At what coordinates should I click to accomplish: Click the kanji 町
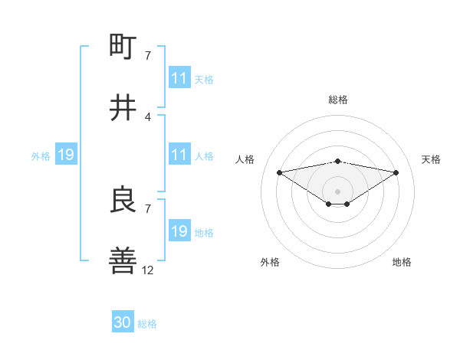coord(123,47)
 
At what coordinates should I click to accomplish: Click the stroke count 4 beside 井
coord(148,116)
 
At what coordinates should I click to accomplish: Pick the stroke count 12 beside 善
coord(148,270)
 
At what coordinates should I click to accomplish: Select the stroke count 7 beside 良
coord(148,208)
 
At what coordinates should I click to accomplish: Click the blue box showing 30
coord(123,322)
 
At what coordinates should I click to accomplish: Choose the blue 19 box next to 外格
coord(65,155)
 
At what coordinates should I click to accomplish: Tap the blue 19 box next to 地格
coord(179,231)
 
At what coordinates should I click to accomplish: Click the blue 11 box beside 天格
coord(179,78)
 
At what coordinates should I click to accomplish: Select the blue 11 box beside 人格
coord(179,155)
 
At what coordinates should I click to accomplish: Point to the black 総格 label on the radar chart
coord(337,100)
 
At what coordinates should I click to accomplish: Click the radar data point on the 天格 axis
coord(396,172)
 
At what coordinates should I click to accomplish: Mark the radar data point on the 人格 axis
coord(279,172)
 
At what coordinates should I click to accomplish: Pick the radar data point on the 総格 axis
coord(337,161)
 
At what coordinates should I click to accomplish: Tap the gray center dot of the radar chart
coord(337,191)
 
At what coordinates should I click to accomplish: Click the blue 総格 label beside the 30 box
coord(147,324)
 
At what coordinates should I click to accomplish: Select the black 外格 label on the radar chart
coord(270,262)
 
